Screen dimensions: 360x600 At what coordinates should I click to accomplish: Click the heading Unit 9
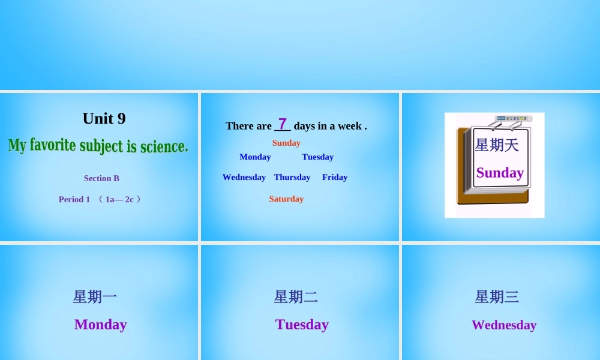coord(104,119)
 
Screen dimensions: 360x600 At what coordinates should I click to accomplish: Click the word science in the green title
coord(164,146)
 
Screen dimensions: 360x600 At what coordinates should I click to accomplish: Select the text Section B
coord(101,178)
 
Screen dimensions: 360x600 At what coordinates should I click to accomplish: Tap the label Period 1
coord(74,199)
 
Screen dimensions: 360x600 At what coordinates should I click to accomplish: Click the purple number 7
coord(282,124)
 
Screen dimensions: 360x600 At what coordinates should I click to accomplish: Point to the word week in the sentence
coord(350,126)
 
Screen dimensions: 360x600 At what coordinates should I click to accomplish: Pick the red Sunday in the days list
coord(286,143)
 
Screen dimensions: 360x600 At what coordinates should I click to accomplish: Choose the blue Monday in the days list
coord(255,157)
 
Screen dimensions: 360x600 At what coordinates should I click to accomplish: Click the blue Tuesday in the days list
coord(318,157)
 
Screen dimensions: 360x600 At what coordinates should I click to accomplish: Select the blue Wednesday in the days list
coord(244,177)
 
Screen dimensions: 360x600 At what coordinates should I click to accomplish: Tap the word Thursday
coord(292,177)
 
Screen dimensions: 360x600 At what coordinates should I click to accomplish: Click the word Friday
coord(335,177)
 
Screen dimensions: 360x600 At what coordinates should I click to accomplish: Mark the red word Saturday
coord(286,199)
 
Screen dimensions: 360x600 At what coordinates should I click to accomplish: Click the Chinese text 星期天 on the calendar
coord(497,145)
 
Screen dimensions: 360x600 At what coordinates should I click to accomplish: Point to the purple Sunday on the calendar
coord(500,173)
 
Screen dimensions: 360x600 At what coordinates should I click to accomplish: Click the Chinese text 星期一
coord(95,296)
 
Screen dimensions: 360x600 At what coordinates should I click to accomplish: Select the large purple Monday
coord(101,325)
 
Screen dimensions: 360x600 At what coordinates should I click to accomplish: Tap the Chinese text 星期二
coord(296,296)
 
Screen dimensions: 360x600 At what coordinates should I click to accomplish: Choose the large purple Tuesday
coord(302,325)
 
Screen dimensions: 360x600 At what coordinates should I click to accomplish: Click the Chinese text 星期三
coord(497,296)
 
